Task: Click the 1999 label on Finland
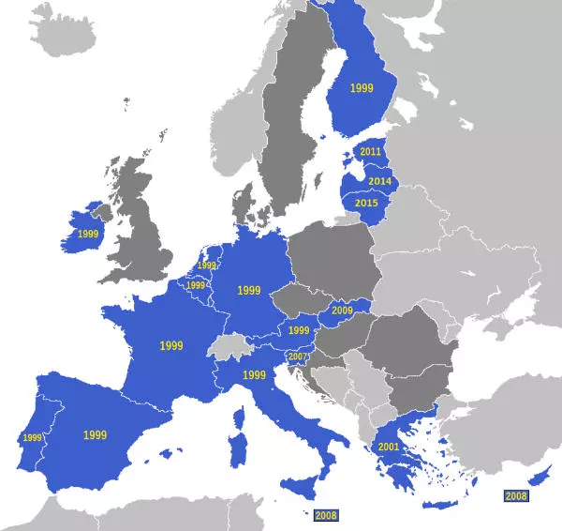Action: coord(362,87)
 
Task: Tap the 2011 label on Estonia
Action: coord(371,152)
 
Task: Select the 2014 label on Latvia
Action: coord(379,181)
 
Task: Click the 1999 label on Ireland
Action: coord(88,234)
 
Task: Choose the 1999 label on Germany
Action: coord(249,291)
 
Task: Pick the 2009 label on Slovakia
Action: coord(342,311)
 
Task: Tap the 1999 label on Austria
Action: coord(299,330)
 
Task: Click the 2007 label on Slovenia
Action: coord(298,357)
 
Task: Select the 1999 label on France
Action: coord(171,346)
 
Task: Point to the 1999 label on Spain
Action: coord(95,435)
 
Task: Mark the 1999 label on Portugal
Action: coord(33,437)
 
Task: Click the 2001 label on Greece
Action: coord(389,448)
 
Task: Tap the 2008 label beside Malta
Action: coord(326,515)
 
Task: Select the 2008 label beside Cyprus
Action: coord(516,495)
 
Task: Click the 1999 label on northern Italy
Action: coord(255,375)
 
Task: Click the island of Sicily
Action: coord(302,487)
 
